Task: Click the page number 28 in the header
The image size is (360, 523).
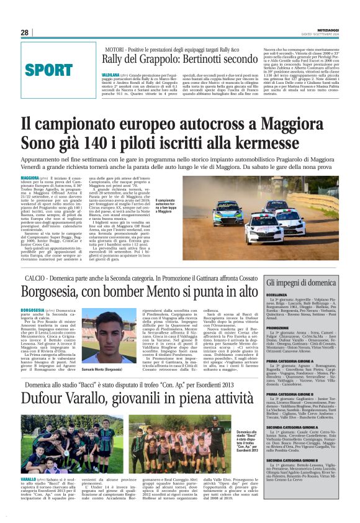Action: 24,32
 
